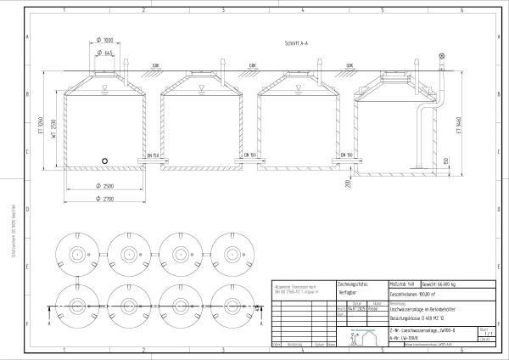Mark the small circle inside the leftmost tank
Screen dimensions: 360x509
(104, 160)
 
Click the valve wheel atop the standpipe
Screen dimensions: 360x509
(441, 57)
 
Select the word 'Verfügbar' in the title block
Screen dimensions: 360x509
(350, 291)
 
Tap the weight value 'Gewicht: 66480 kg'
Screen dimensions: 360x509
(454, 284)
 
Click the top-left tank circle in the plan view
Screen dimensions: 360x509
(78, 254)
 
